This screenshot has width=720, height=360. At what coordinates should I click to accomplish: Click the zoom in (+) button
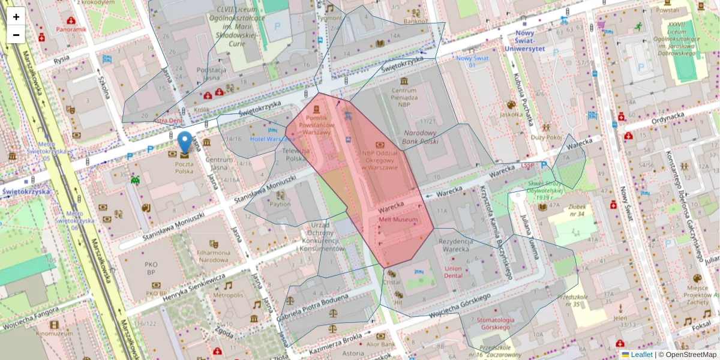(x=16, y=17)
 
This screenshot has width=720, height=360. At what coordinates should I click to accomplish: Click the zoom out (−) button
(x=16, y=35)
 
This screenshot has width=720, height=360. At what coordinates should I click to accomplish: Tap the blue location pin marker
(x=185, y=142)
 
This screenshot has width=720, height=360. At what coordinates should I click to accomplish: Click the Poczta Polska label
(x=184, y=167)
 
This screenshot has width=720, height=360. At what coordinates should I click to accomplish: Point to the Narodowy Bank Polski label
(x=421, y=136)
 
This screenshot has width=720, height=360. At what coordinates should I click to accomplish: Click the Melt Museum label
(x=398, y=220)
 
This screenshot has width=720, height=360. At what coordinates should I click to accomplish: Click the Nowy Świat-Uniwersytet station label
(x=524, y=43)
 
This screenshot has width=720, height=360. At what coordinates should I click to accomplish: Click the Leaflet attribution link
(x=641, y=355)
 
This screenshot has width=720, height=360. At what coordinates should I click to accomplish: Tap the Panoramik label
(x=72, y=29)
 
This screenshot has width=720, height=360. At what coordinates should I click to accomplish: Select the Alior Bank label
(x=380, y=344)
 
